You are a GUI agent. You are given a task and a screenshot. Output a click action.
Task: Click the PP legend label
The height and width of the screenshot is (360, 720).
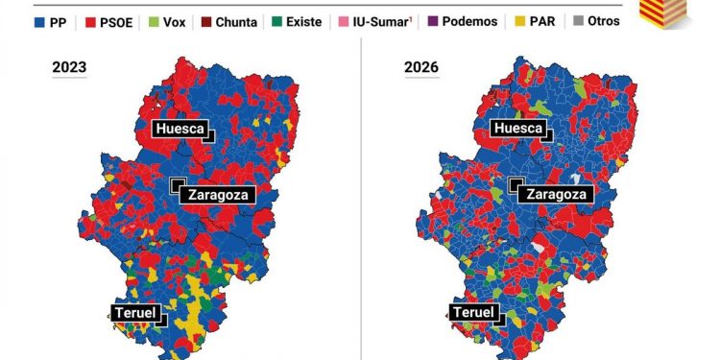pos(59,20)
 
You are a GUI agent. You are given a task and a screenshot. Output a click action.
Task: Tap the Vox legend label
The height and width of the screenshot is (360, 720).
pos(174,20)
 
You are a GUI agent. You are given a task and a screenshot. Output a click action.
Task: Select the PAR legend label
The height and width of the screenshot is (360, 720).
pos(554,20)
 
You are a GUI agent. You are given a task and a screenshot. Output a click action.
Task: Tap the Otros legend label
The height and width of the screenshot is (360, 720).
pos(605,20)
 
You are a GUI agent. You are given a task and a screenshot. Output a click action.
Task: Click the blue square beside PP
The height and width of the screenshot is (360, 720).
pos(39,20)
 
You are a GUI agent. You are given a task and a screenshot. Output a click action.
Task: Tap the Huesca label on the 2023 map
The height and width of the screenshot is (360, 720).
pos(178,129)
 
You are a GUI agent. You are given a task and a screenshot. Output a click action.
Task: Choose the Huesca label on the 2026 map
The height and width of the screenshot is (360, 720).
pos(518,129)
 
